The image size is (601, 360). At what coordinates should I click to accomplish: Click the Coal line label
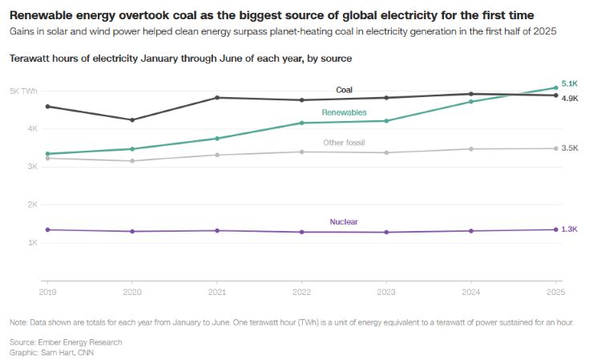point(344,90)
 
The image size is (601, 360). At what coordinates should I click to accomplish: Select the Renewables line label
point(344,113)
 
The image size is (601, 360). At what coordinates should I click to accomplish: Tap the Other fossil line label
point(344,143)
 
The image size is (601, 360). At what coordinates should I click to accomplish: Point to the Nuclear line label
point(344,221)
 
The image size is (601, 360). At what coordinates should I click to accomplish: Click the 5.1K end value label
point(570,83)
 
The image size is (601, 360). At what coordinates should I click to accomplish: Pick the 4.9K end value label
point(570,98)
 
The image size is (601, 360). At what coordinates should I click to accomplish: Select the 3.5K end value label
point(570,148)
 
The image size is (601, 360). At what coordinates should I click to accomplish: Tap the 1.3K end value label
point(570,229)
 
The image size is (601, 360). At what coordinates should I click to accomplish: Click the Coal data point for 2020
point(132,120)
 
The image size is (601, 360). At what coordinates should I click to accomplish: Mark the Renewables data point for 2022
point(302,123)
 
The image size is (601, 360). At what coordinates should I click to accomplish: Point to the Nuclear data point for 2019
point(47,230)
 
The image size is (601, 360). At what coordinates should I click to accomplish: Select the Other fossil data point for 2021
point(217,155)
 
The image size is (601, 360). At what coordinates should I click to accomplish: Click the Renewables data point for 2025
point(556,87)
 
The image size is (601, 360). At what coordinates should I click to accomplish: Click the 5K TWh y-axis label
point(23,91)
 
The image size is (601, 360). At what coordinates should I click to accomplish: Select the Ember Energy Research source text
point(87,342)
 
